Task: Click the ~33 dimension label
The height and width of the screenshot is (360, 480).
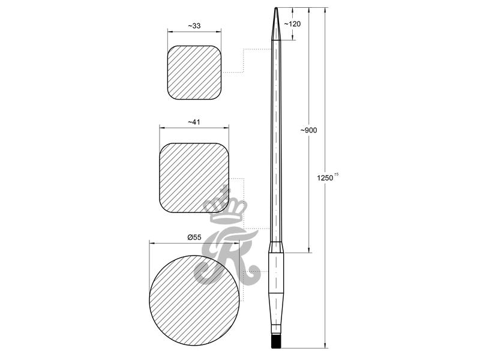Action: (x=194, y=26)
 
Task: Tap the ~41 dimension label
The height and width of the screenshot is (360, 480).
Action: (x=194, y=122)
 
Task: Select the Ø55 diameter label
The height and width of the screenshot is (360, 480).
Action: (x=194, y=237)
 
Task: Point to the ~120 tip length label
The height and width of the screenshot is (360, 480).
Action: (x=292, y=23)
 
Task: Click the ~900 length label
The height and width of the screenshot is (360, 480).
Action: (x=308, y=130)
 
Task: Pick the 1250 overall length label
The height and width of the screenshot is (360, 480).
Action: (x=325, y=178)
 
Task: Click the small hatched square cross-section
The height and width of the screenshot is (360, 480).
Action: (x=194, y=73)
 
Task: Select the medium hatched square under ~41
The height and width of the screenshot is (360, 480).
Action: (x=194, y=178)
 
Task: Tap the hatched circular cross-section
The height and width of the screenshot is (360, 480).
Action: (x=194, y=301)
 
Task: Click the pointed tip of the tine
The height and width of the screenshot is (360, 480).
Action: (x=276, y=8)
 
